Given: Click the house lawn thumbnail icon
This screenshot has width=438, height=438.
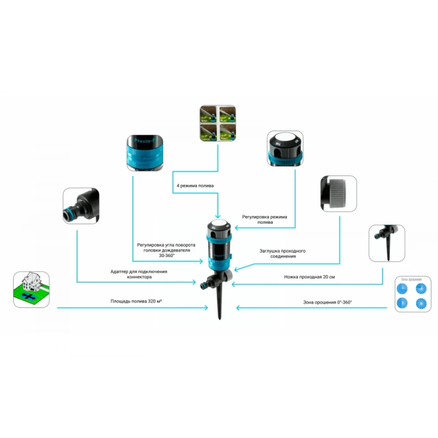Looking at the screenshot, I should [x=31, y=290].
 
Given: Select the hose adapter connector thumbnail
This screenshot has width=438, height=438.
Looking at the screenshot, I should [x=81, y=206].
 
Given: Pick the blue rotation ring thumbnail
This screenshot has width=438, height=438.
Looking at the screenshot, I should [x=145, y=152].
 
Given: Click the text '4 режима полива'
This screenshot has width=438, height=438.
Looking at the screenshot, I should [x=195, y=186].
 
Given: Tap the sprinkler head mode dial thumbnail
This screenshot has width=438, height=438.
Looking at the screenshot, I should [x=286, y=148].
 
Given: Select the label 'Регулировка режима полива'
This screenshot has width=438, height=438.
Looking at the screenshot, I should [x=264, y=219].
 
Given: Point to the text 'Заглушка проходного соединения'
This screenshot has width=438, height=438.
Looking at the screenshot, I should [x=282, y=254].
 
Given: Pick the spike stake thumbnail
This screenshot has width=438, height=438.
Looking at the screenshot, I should [x=386, y=243].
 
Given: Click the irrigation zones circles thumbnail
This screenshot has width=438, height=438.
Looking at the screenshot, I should [x=413, y=294].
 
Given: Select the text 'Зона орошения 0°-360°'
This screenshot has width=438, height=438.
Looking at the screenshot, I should [x=328, y=302].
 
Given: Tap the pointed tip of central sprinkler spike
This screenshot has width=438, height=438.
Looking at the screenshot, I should [x=220, y=318].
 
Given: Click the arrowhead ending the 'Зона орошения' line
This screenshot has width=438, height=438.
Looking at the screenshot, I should [x=237, y=308].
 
